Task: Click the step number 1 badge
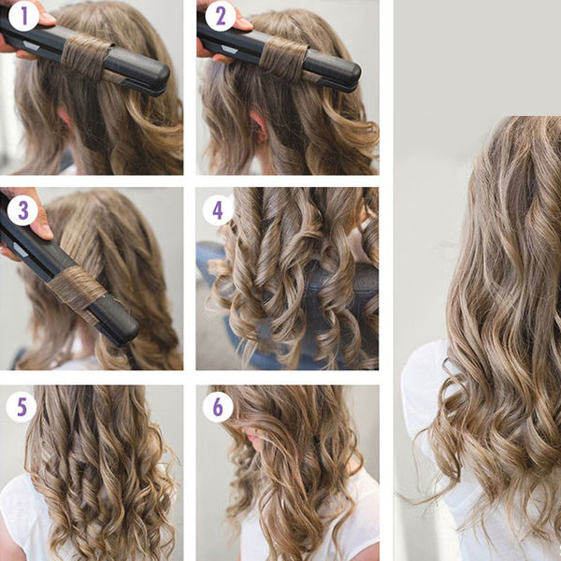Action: click(x=23, y=16)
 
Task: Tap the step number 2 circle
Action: click(x=221, y=16)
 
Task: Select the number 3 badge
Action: click(x=22, y=210)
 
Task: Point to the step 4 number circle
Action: click(x=218, y=210)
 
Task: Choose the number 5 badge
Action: click(x=22, y=407)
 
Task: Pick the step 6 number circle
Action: click(x=218, y=407)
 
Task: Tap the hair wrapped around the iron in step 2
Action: click(x=283, y=58)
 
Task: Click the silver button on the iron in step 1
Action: click(x=32, y=46)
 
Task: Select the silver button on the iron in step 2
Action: click(x=229, y=49)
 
